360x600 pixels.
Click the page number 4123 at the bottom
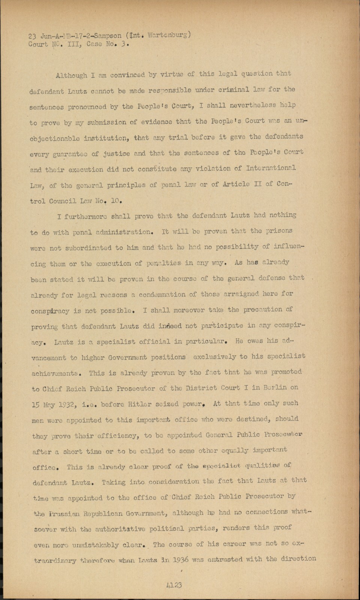coord(173,585)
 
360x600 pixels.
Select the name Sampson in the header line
coord(108,36)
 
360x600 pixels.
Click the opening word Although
coord(71,75)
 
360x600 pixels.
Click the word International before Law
coord(271,168)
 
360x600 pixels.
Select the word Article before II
coord(237,184)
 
